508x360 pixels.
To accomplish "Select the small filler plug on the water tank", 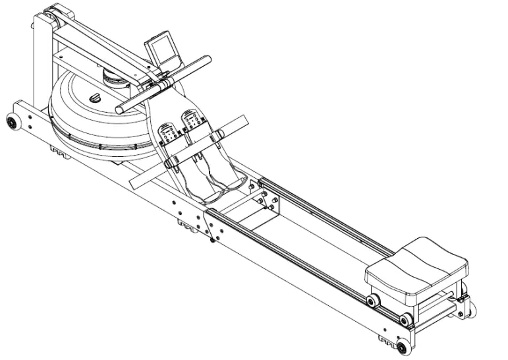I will (94, 98).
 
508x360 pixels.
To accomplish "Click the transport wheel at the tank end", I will (12, 123).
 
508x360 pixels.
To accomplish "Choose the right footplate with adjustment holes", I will (193, 119).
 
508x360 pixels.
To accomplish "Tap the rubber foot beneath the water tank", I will (59, 153).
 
